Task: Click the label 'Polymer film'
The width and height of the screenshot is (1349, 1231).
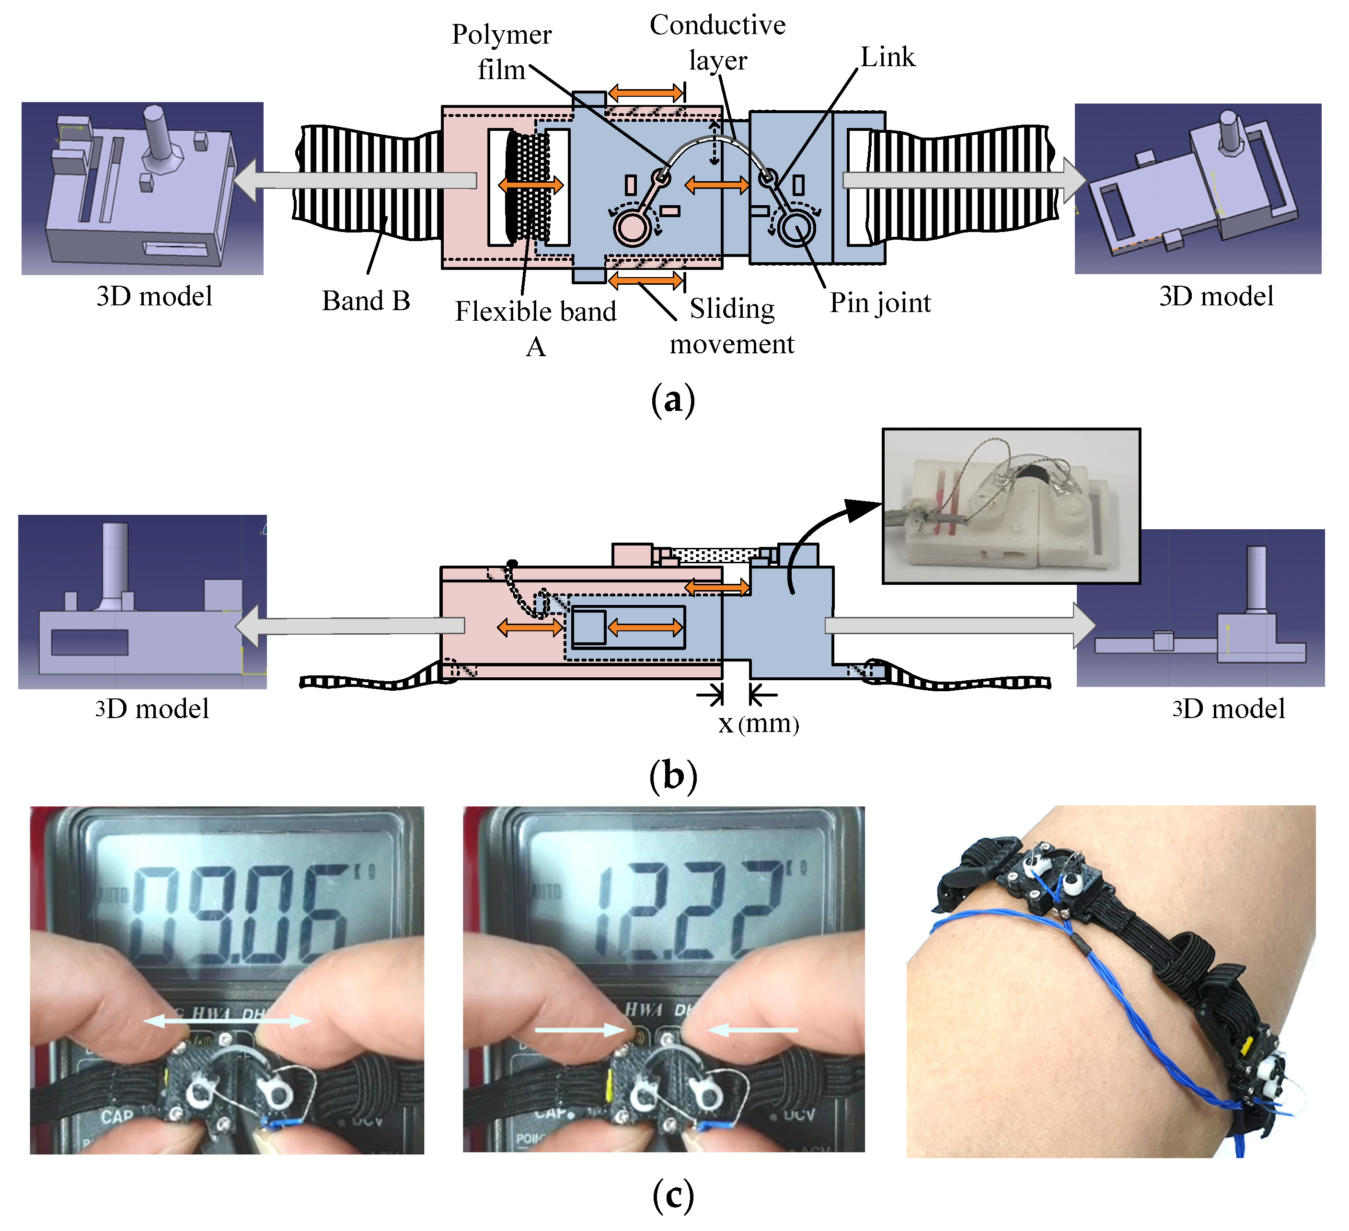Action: point(501,52)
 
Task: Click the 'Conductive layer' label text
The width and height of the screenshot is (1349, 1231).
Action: point(717,42)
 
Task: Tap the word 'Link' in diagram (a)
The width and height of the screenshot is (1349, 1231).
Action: point(888,57)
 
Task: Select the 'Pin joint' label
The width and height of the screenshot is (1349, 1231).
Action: point(880,302)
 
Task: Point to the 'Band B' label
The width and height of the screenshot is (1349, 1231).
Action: point(366,301)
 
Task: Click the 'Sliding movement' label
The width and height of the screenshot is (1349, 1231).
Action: point(732,326)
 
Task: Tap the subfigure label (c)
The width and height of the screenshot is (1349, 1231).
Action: point(673,1195)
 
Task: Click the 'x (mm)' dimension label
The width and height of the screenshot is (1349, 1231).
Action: point(759,724)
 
